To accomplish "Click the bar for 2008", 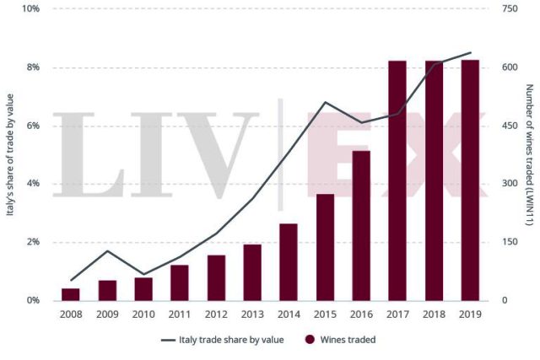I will (x=71, y=294).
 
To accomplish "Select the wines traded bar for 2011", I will (x=180, y=282).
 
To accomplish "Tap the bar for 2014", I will (x=289, y=261).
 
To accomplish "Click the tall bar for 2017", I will (x=397, y=180).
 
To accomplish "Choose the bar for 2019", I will (x=470, y=180).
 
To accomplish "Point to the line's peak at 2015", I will (x=325, y=103).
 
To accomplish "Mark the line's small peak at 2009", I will (x=107, y=251).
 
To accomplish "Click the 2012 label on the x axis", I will (x=216, y=314).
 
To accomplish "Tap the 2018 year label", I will (x=434, y=314).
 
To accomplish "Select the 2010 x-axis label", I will (x=143, y=314).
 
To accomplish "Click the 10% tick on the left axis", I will (x=30, y=9).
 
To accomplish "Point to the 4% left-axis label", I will (x=32, y=184).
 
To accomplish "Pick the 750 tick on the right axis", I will (x=509, y=9).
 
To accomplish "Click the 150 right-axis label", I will (x=509, y=242).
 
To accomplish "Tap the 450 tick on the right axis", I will (x=509, y=126).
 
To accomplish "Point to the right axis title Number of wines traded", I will (x=528, y=155).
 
